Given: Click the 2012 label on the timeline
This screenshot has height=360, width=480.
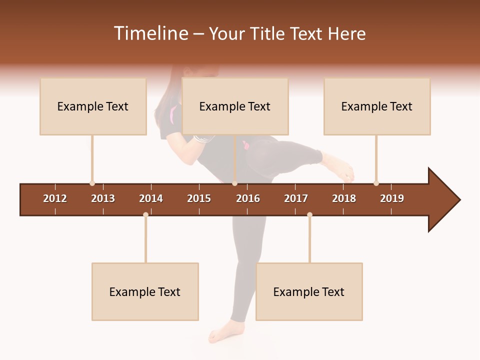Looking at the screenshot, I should coord(55,198).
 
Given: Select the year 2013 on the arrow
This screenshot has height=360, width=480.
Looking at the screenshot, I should coord(103,198).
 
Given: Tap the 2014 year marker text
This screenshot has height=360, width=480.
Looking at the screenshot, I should coord(151,198).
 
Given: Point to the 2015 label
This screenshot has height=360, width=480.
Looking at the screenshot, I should coord(199,198).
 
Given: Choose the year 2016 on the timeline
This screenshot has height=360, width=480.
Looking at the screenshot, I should coord(248,198).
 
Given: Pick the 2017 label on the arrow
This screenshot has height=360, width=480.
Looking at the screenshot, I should coord(296,198).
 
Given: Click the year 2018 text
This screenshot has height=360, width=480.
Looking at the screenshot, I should coord(344,198).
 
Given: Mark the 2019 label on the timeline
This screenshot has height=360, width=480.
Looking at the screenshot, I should coord(392,198).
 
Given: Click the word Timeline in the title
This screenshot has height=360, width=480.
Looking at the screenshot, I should coord(150,33).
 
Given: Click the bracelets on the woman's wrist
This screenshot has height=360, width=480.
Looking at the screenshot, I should coord(201,138).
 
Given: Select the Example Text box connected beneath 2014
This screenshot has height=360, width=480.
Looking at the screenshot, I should coord(145,291).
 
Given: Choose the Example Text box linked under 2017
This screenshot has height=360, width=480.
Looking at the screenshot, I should coord(309,291).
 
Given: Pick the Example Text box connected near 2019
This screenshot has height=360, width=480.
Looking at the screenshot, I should coord(377,106).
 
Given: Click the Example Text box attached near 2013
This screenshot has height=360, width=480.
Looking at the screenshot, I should coord(93,106).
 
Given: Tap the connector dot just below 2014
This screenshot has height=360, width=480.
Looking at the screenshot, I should coord(145,214).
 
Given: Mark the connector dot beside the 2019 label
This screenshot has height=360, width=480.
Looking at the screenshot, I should coord(376,183).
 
